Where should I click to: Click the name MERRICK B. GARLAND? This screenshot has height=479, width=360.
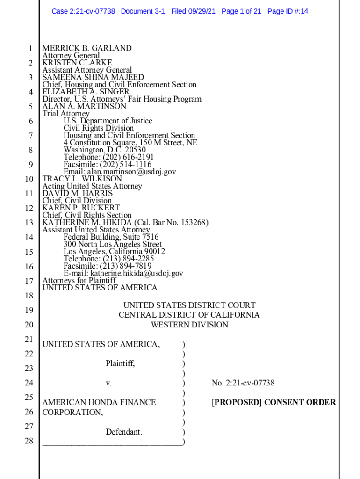(x=87, y=48)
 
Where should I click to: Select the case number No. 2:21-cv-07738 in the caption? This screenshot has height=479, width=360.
(x=243, y=383)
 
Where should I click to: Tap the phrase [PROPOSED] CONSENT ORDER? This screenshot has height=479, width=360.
(x=274, y=402)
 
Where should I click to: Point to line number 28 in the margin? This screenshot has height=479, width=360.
(x=29, y=441)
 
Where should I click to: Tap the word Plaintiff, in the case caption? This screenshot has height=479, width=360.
(x=120, y=363)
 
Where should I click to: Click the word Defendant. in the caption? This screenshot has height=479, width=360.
(x=124, y=432)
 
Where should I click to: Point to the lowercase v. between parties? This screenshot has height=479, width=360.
(x=108, y=383)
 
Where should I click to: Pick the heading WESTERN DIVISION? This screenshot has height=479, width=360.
(x=189, y=325)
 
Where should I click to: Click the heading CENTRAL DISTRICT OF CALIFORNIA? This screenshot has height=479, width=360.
(x=189, y=315)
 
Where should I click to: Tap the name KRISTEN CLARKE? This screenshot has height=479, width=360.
(x=77, y=63)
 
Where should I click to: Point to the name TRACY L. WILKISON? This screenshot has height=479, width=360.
(x=82, y=179)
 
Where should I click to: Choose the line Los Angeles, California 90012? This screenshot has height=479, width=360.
(x=114, y=252)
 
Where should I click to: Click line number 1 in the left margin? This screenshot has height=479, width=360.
(x=30, y=49)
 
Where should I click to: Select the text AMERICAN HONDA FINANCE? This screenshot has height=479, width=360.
(x=99, y=402)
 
